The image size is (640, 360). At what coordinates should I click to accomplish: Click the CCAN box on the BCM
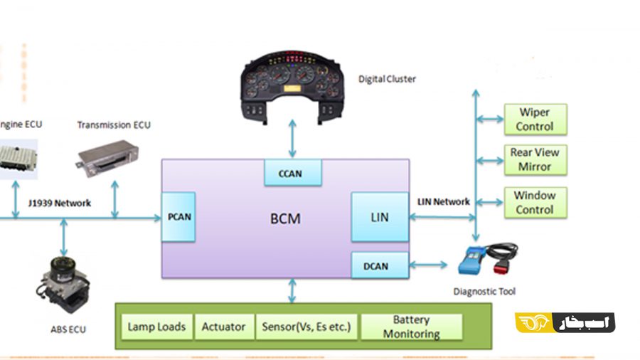click(292, 172)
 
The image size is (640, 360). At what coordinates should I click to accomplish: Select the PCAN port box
click(178, 216)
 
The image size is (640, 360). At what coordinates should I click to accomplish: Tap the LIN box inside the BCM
click(380, 216)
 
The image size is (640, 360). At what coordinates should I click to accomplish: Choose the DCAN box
click(380, 266)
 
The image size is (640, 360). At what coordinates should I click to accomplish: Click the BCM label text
click(284, 218)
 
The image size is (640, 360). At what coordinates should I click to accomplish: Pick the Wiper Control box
click(535, 120)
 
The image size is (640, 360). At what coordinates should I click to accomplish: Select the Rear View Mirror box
click(535, 159)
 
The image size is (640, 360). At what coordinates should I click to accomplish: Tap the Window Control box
click(535, 202)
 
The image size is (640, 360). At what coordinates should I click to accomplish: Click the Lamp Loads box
click(156, 327)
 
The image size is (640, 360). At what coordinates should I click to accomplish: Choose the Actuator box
click(223, 327)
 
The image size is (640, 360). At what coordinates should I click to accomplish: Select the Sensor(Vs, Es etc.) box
click(306, 327)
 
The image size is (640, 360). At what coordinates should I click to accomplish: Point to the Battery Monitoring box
click(412, 327)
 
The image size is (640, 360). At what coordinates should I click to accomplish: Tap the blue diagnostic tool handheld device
click(475, 260)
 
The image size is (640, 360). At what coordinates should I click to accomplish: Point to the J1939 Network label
click(60, 203)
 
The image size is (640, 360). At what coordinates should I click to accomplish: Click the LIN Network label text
click(443, 202)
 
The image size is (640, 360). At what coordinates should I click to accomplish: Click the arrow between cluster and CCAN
click(292, 139)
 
